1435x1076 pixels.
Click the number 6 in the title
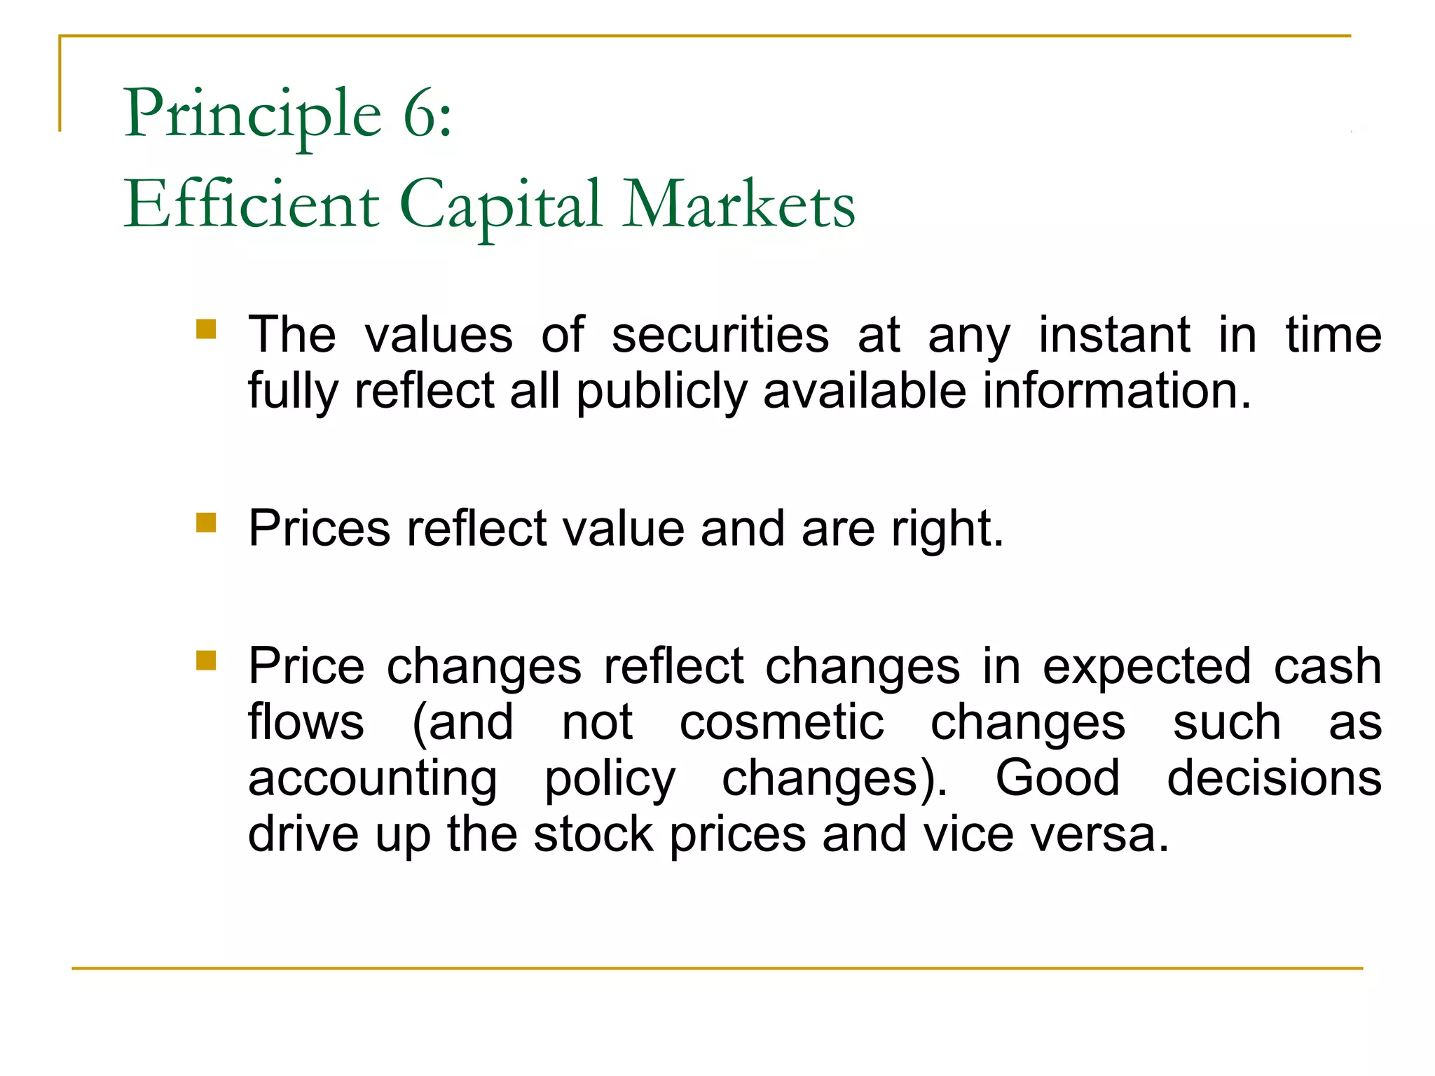pos(418,113)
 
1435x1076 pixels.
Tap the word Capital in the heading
pos(500,205)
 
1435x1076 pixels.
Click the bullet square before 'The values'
pos(206,329)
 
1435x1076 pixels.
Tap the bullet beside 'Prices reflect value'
pos(206,523)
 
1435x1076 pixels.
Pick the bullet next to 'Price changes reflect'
pos(206,661)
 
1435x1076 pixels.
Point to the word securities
pos(720,335)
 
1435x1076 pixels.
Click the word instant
pos(1113,335)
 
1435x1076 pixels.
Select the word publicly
pos(661,391)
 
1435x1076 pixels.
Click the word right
pos(947,529)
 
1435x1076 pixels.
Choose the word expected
pos(1146,667)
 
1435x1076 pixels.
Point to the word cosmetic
pos(781,722)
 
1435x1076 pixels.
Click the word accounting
pos(373,779)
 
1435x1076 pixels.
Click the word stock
pos(593,834)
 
